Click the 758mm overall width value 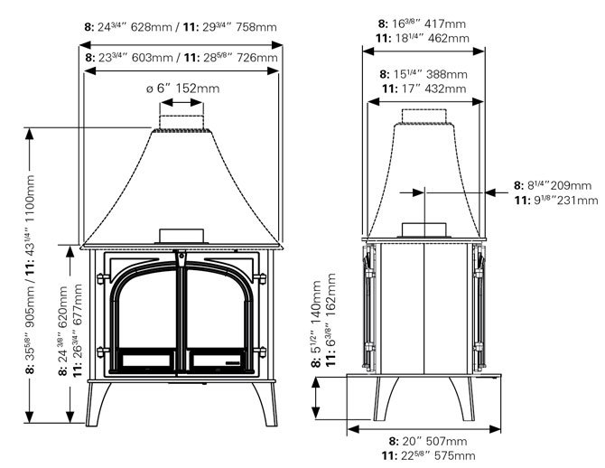click(x=259, y=27)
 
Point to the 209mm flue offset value click(x=569, y=185)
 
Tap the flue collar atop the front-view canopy click(x=182, y=123)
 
